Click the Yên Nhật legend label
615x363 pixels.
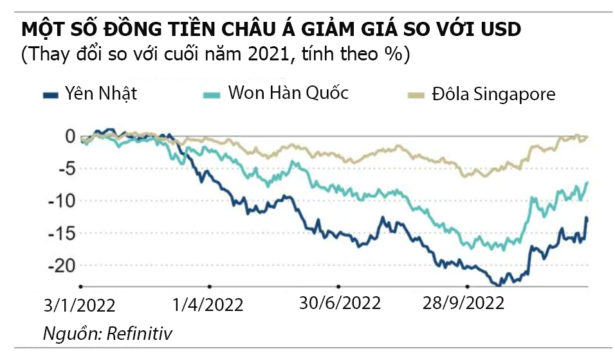101,94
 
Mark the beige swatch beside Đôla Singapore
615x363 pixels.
418,95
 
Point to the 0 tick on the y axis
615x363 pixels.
69,136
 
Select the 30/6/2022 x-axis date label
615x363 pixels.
340,302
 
